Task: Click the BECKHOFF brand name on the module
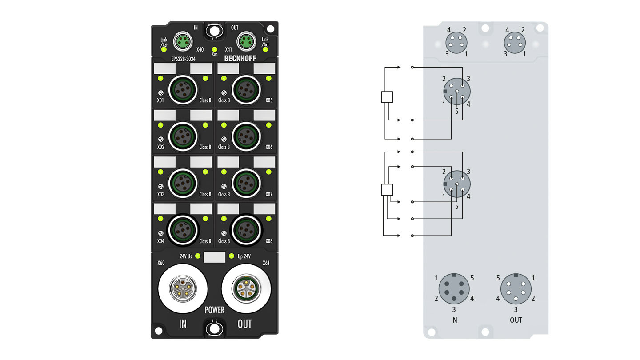click(x=240, y=58)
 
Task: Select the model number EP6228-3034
click(x=183, y=59)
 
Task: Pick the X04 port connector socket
click(x=182, y=229)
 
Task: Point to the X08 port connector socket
click(x=245, y=229)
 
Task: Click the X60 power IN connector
click(x=183, y=289)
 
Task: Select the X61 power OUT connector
click(x=246, y=289)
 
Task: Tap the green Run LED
click(x=215, y=49)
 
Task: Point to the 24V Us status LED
click(x=197, y=256)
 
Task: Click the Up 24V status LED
click(x=231, y=256)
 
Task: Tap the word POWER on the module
click(x=214, y=310)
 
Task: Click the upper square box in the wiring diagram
click(x=387, y=97)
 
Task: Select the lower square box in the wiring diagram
click(x=387, y=190)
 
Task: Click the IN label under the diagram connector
click(x=454, y=320)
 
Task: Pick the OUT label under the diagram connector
click(x=516, y=320)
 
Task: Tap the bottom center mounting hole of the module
click(x=215, y=329)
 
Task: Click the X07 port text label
click(x=269, y=194)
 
